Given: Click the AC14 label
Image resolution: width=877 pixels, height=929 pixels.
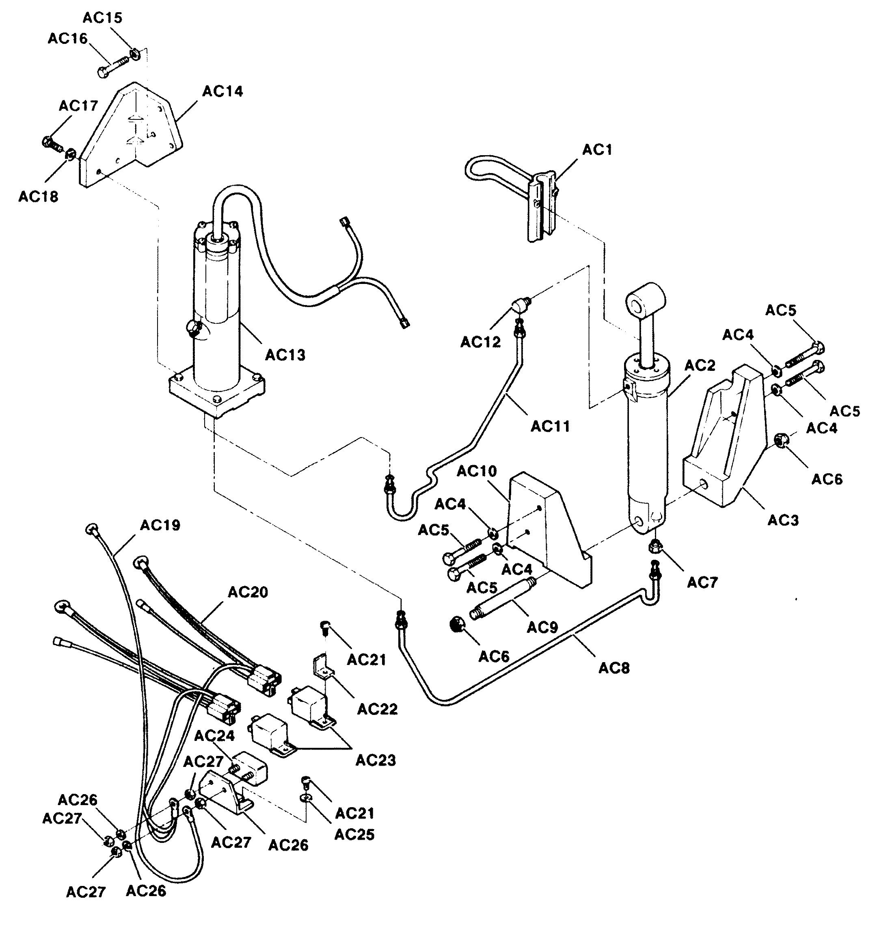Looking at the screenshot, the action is click(x=222, y=91).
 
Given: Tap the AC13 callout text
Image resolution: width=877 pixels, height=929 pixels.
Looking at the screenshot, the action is click(x=285, y=355).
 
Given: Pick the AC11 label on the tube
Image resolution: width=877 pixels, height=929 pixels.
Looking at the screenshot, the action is click(x=550, y=426).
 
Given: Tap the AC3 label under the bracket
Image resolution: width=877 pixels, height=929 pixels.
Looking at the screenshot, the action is click(x=784, y=520).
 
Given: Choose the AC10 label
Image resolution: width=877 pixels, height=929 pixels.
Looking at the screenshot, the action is click(x=477, y=471).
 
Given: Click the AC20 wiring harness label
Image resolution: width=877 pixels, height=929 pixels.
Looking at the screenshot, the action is click(x=248, y=592).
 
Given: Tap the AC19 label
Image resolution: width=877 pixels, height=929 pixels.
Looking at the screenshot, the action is click(x=160, y=525).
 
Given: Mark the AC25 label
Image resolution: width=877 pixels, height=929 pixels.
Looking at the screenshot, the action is click(x=354, y=834).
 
